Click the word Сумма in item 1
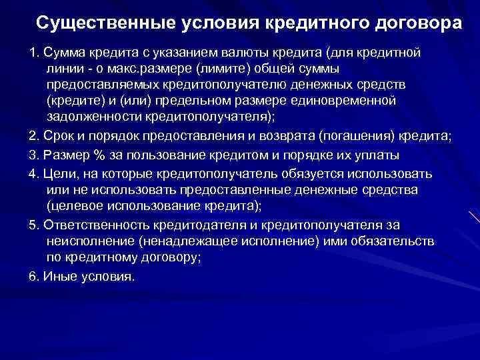point(63,53)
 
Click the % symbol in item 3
point(98,155)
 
